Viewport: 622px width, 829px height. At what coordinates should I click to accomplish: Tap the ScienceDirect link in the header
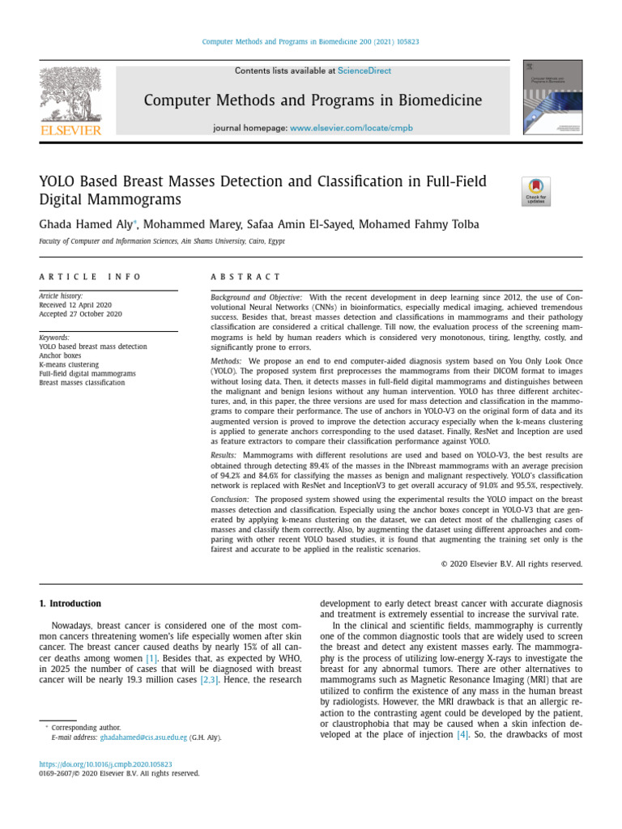(364, 71)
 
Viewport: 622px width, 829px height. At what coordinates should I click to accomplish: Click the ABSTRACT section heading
(245, 277)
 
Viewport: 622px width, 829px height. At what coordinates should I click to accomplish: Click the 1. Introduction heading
(70, 604)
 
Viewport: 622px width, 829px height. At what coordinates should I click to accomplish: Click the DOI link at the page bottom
(106, 763)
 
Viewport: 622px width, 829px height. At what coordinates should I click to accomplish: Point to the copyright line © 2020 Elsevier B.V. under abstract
(511, 564)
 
